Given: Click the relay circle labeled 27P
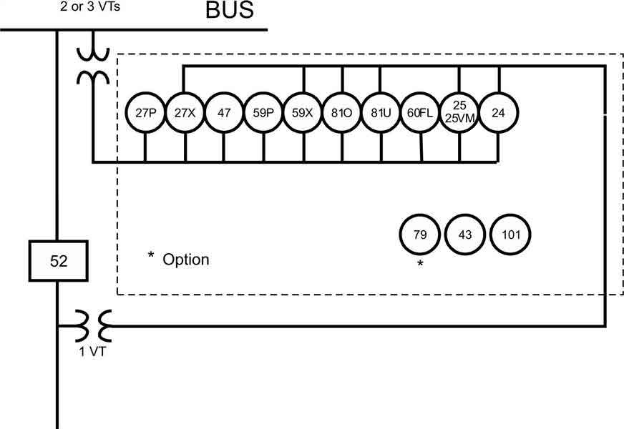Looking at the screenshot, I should click(145, 113).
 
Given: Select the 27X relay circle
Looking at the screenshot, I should click(185, 113).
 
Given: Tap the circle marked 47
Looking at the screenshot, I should click(224, 113).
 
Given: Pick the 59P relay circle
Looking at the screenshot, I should click(263, 113).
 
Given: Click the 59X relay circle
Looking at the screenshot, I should click(303, 113).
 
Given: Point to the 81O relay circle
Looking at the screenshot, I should click(341, 113).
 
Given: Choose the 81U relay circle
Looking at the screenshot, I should click(380, 113).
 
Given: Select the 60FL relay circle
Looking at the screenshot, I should click(419, 113).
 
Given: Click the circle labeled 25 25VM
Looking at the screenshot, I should click(459, 113).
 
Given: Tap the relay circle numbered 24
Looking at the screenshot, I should click(498, 113).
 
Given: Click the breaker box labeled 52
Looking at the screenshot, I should click(58, 261).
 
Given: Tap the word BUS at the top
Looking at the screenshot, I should click(230, 11).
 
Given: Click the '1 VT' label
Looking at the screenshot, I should click(92, 351).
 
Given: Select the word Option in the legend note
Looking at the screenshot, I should click(186, 259).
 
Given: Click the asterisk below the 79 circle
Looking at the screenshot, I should click(420, 264).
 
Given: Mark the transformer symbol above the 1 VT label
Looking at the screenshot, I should click(92, 326).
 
